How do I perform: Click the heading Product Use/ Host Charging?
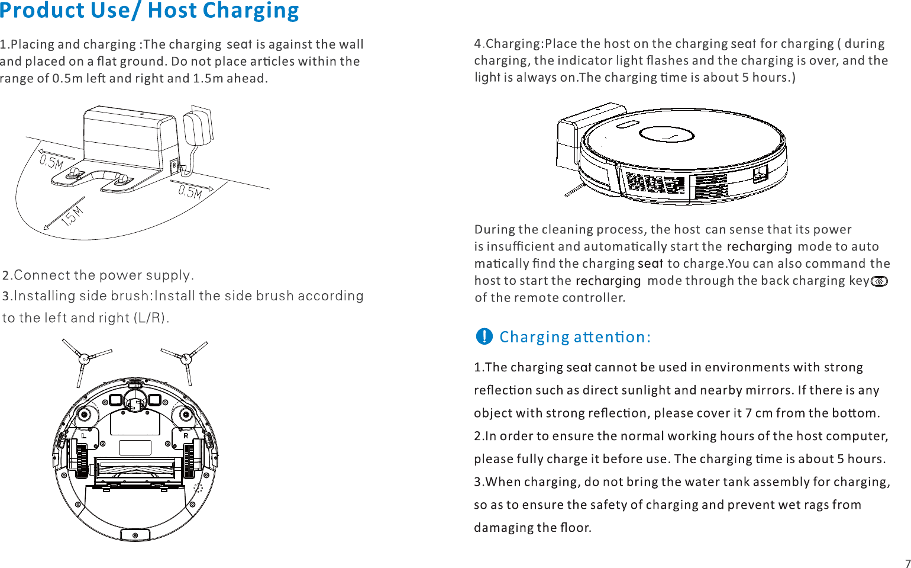pos(150,11)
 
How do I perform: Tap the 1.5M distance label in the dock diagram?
pos(72,217)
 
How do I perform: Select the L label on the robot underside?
pos(84,435)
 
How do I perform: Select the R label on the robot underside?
pos(186,435)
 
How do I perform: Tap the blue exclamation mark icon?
pos(484,336)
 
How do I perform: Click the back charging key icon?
pos(880,281)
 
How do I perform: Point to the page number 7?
pos(907,563)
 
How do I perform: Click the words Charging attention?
pos(574,337)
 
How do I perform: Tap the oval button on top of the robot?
pos(626,124)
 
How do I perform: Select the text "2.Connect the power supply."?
pos(98,275)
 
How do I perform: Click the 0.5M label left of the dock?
pos(51,162)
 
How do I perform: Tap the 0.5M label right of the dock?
pos(190,192)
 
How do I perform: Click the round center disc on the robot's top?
pos(667,134)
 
